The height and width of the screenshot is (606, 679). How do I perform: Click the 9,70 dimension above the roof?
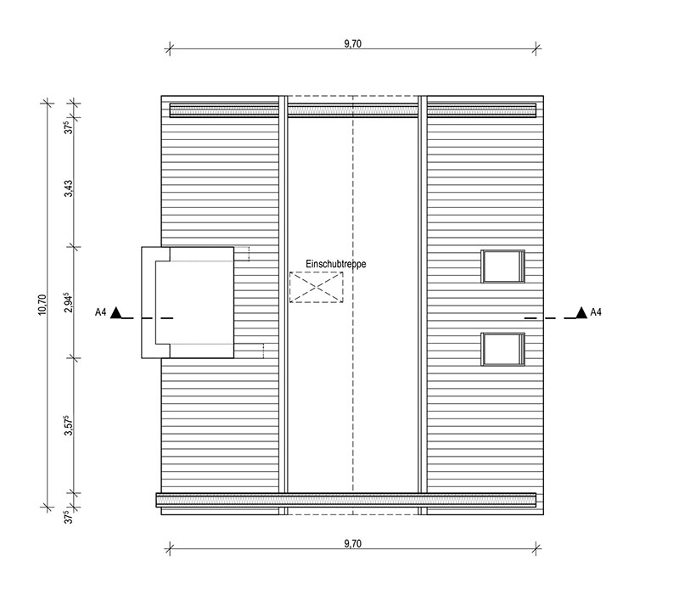[x=352, y=44]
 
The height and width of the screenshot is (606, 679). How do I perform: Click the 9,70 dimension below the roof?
[x=352, y=544]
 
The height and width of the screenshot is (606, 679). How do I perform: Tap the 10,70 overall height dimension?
[x=42, y=305]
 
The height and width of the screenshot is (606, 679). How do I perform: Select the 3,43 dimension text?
[x=69, y=189]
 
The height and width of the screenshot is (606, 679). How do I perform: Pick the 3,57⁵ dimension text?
[x=69, y=425]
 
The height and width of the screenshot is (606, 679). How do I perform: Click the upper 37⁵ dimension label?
[x=69, y=127]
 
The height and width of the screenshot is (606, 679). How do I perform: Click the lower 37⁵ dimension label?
[x=69, y=517]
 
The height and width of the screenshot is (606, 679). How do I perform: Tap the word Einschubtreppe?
[x=335, y=264]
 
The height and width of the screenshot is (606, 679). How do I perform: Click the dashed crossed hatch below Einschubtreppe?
[x=316, y=287]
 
